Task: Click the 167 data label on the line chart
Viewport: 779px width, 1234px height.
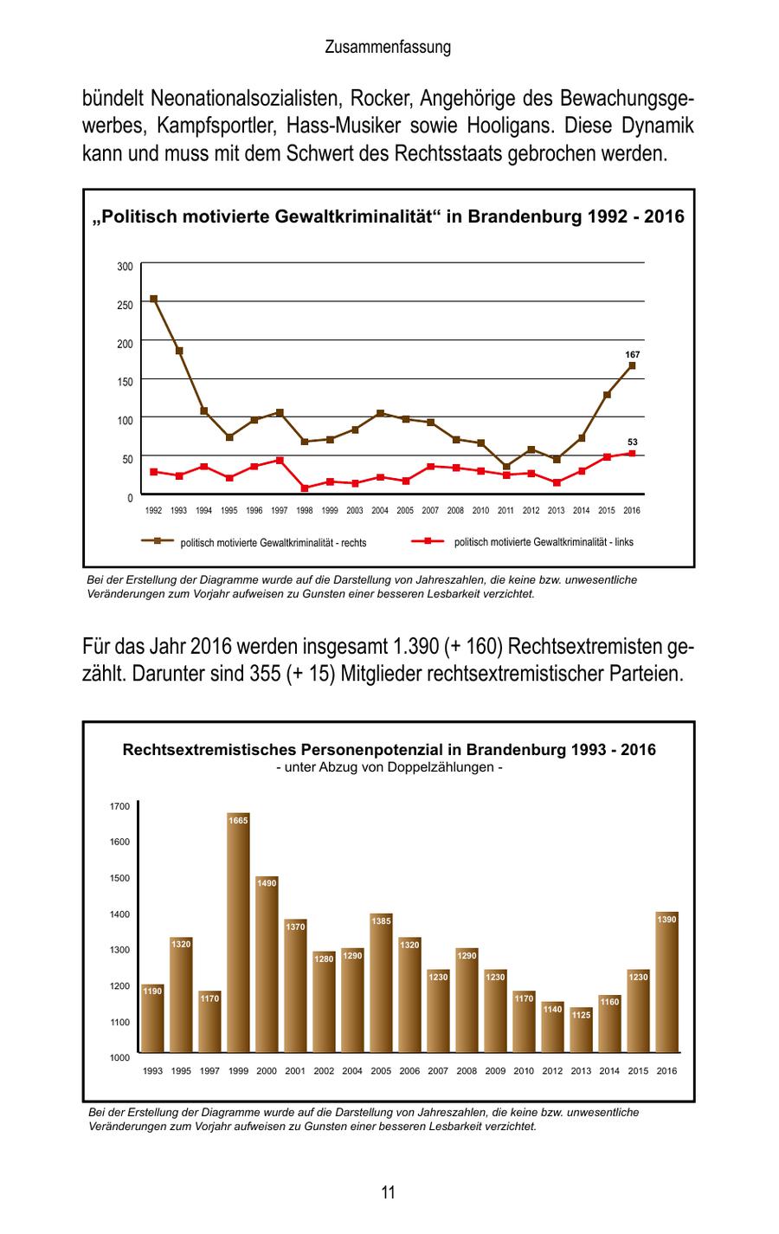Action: pyautogui.click(x=632, y=355)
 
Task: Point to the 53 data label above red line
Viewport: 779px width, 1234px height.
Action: pyautogui.click(x=632, y=442)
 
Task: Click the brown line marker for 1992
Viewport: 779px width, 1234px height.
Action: pyautogui.click(x=154, y=299)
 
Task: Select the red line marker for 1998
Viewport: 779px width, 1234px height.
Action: pyautogui.click(x=305, y=488)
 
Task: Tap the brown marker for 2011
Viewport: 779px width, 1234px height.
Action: pyautogui.click(x=506, y=467)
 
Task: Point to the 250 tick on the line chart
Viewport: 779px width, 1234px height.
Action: pyautogui.click(x=126, y=305)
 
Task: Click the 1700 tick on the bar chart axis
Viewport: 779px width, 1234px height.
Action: pyautogui.click(x=119, y=806)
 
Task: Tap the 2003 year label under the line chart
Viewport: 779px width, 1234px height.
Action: pyautogui.click(x=355, y=511)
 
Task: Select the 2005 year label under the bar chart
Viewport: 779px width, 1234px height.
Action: pyautogui.click(x=381, y=1071)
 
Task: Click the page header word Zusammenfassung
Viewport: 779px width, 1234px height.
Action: pyautogui.click(x=388, y=48)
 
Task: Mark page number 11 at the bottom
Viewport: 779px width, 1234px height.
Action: pyautogui.click(x=389, y=1192)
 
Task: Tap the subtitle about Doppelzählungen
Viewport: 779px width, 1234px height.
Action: pyautogui.click(x=389, y=767)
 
